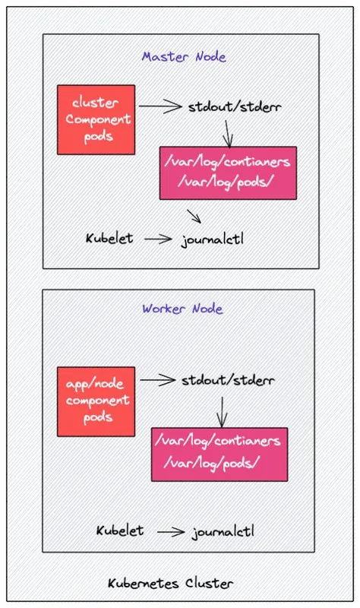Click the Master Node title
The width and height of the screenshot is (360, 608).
[184, 57]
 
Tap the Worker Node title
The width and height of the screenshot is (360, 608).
[182, 309]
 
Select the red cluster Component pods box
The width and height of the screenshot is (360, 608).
[96, 120]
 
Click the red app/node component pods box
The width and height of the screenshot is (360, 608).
[96, 402]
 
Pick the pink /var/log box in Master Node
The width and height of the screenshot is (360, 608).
[228, 173]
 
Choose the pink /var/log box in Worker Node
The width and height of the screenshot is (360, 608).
[219, 454]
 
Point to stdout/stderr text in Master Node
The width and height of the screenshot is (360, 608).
[235, 106]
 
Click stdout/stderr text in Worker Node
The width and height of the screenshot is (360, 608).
[229, 380]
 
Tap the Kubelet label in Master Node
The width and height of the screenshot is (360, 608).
[109, 238]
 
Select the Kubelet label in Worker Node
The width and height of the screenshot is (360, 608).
[120, 530]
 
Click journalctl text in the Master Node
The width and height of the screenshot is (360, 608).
[213, 239]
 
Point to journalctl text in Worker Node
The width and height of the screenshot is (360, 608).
[223, 531]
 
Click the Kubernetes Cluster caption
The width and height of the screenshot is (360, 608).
[170, 583]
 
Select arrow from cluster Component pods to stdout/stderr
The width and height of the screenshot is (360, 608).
[160, 106]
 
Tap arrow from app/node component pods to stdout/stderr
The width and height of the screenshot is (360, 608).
[158, 380]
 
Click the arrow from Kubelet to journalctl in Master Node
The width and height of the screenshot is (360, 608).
[158, 239]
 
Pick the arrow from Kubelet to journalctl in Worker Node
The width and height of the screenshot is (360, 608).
[171, 531]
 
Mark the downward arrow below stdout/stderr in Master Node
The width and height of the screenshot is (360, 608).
[228, 134]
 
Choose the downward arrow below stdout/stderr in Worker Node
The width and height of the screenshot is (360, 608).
[222, 412]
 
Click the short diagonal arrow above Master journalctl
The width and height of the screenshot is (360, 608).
[194, 217]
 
